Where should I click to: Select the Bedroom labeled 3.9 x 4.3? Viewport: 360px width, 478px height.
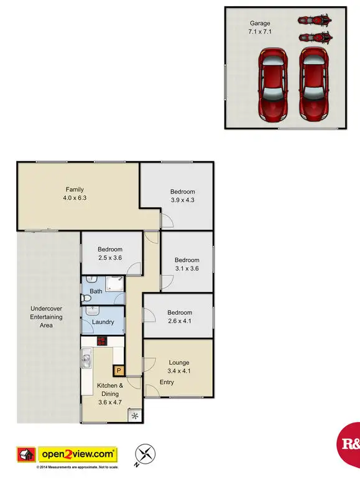(183, 196)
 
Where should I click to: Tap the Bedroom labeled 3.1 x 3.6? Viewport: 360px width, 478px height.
(187, 265)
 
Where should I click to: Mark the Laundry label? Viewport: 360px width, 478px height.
(103, 322)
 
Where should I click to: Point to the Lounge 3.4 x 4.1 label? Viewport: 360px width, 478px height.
(178, 367)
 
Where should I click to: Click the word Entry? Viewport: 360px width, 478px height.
(167, 382)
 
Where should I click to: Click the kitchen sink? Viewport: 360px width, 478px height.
(86, 359)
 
